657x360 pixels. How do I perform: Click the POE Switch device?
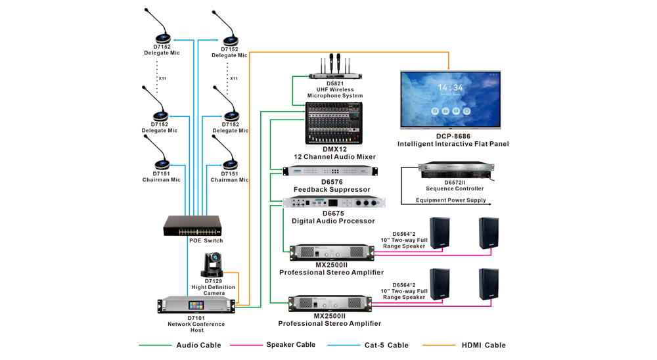pyautogui.click(x=193, y=226)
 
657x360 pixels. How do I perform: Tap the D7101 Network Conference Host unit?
pyautogui.click(x=196, y=305)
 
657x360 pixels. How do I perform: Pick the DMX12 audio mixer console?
pyautogui.click(x=334, y=124)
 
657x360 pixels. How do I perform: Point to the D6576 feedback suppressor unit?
pyautogui.click(x=330, y=171)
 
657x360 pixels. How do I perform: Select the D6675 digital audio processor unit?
pyautogui.click(x=333, y=202)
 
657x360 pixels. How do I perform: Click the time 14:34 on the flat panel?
pyautogui.click(x=450, y=87)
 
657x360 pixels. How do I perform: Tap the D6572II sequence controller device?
pyautogui.click(x=456, y=171)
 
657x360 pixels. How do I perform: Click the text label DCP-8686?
pyautogui.click(x=453, y=137)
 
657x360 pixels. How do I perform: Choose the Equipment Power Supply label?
pyautogui.click(x=451, y=200)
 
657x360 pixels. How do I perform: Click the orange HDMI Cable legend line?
pyautogui.click(x=438, y=345)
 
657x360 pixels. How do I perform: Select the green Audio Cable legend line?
pyautogui.click(x=154, y=345)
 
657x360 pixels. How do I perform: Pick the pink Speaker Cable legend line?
pyautogui.click(x=246, y=345)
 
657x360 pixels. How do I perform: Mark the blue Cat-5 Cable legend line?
pyautogui.click(x=343, y=345)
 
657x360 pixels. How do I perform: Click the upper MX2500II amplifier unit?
pyautogui.click(x=332, y=252)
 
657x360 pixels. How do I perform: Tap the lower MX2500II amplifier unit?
pyautogui.click(x=330, y=304)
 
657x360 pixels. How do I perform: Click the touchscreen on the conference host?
pyautogui.click(x=196, y=305)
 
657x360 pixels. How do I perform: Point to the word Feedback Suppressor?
pyautogui.click(x=332, y=190)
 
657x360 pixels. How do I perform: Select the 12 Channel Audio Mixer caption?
pyautogui.click(x=335, y=157)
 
